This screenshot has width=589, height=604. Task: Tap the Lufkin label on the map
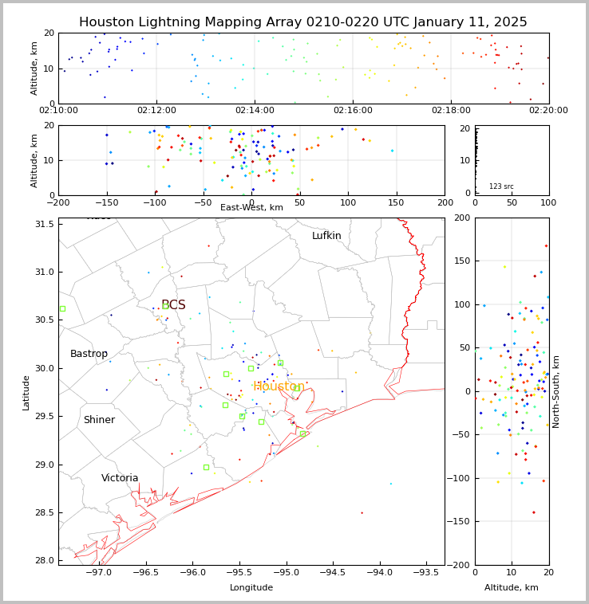(x=326, y=236)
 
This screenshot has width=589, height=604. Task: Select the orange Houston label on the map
(x=279, y=386)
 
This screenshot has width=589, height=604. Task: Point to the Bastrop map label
(x=89, y=354)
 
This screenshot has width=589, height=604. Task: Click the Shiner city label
(x=99, y=420)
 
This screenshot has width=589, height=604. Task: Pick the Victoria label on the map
(x=120, y=478)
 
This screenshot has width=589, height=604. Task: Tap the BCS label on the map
(x=173, y=305)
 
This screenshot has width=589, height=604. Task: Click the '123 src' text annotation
(x=501, y=186)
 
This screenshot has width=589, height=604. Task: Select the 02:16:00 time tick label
(x=353, y=111)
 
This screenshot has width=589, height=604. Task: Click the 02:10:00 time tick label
(x=58, y=111)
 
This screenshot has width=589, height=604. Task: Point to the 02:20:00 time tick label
(x=548, y=111)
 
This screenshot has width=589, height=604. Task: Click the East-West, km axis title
(x=251, y=207)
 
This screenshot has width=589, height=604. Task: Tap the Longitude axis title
(x=251, y=588)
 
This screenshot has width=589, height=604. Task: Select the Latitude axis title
(x=26, y=392)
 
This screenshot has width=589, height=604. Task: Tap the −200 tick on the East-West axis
(x=58, y=202)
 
